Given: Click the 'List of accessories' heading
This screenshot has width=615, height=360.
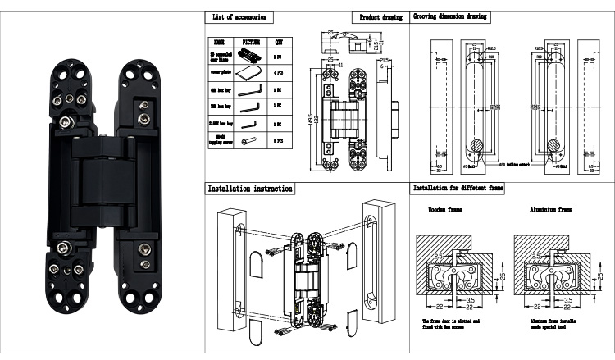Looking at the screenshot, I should pos(239,17).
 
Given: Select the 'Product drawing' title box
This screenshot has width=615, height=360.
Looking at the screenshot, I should pos(382,17).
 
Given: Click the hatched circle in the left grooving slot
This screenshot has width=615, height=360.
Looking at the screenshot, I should pos(478,147).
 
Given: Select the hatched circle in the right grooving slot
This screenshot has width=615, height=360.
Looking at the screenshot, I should pos(553,147).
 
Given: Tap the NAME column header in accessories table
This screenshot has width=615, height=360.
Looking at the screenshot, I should pos(219,41).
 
